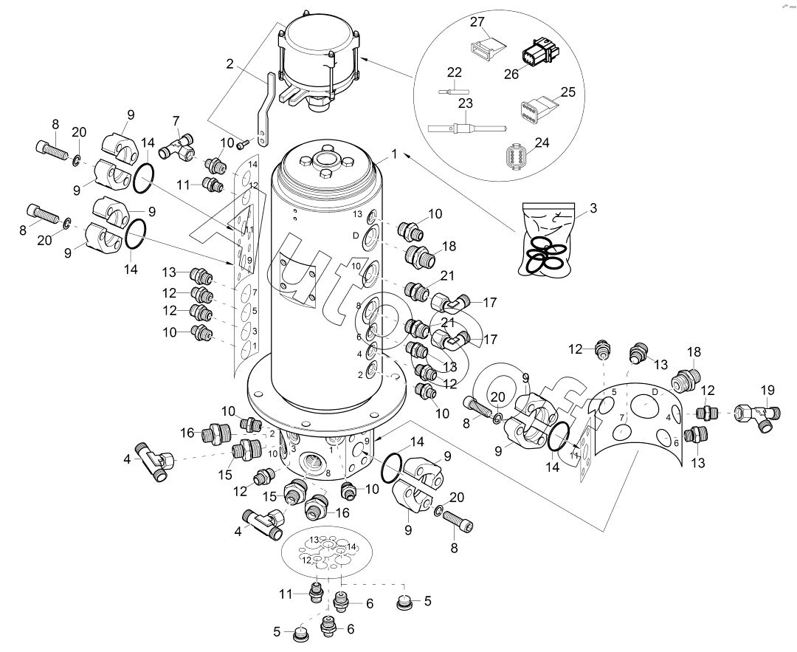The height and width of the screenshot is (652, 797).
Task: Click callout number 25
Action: point(567,92)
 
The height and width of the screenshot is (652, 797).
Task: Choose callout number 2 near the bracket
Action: point(230,64)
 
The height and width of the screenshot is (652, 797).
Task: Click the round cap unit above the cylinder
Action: point(320,55)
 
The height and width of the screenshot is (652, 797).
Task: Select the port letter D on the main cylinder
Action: point(356,235)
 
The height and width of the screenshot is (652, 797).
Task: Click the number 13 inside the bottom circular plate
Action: point(314,540)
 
